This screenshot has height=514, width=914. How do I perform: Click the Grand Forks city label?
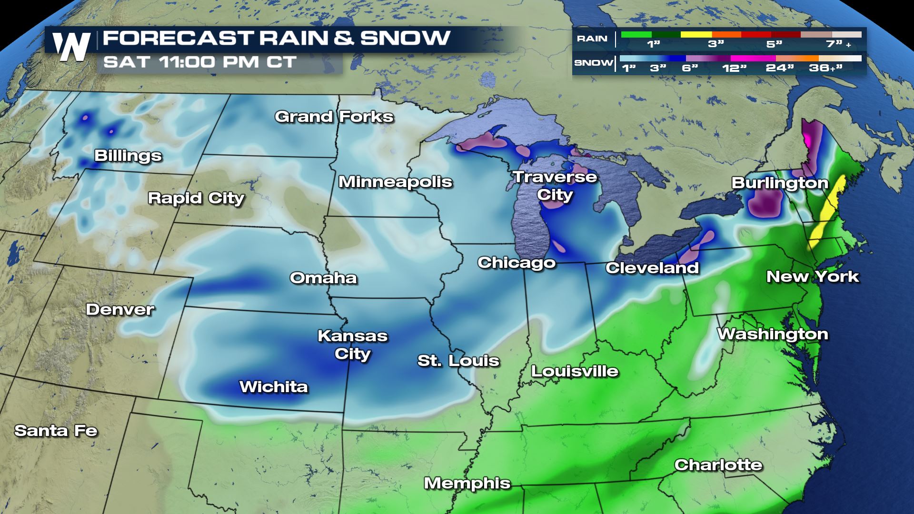point(334,117)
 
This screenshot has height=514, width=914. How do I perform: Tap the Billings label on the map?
point(128,156)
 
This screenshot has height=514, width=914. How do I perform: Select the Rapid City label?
point(196,198)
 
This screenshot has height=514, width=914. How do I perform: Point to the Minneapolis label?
point(395,182)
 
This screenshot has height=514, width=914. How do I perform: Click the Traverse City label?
point(555,186)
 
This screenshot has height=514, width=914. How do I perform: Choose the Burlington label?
point(780,183)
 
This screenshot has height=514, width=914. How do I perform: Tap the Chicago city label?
point(517,263)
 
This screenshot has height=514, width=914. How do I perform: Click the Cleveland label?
point(652,268)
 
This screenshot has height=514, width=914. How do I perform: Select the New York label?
point(812,277)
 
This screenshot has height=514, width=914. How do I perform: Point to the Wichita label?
point(273,386)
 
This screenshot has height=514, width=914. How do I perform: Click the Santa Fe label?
point(56,431)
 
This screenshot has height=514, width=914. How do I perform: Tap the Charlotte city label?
point(718,465)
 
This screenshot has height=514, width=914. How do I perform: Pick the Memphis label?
point(467,484)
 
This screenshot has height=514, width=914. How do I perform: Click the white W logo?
point(71,47)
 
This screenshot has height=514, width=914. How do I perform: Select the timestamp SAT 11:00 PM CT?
point(200,62)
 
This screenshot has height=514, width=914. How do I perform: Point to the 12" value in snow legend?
point(734,68)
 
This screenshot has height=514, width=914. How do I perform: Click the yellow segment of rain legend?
point(696,34)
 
